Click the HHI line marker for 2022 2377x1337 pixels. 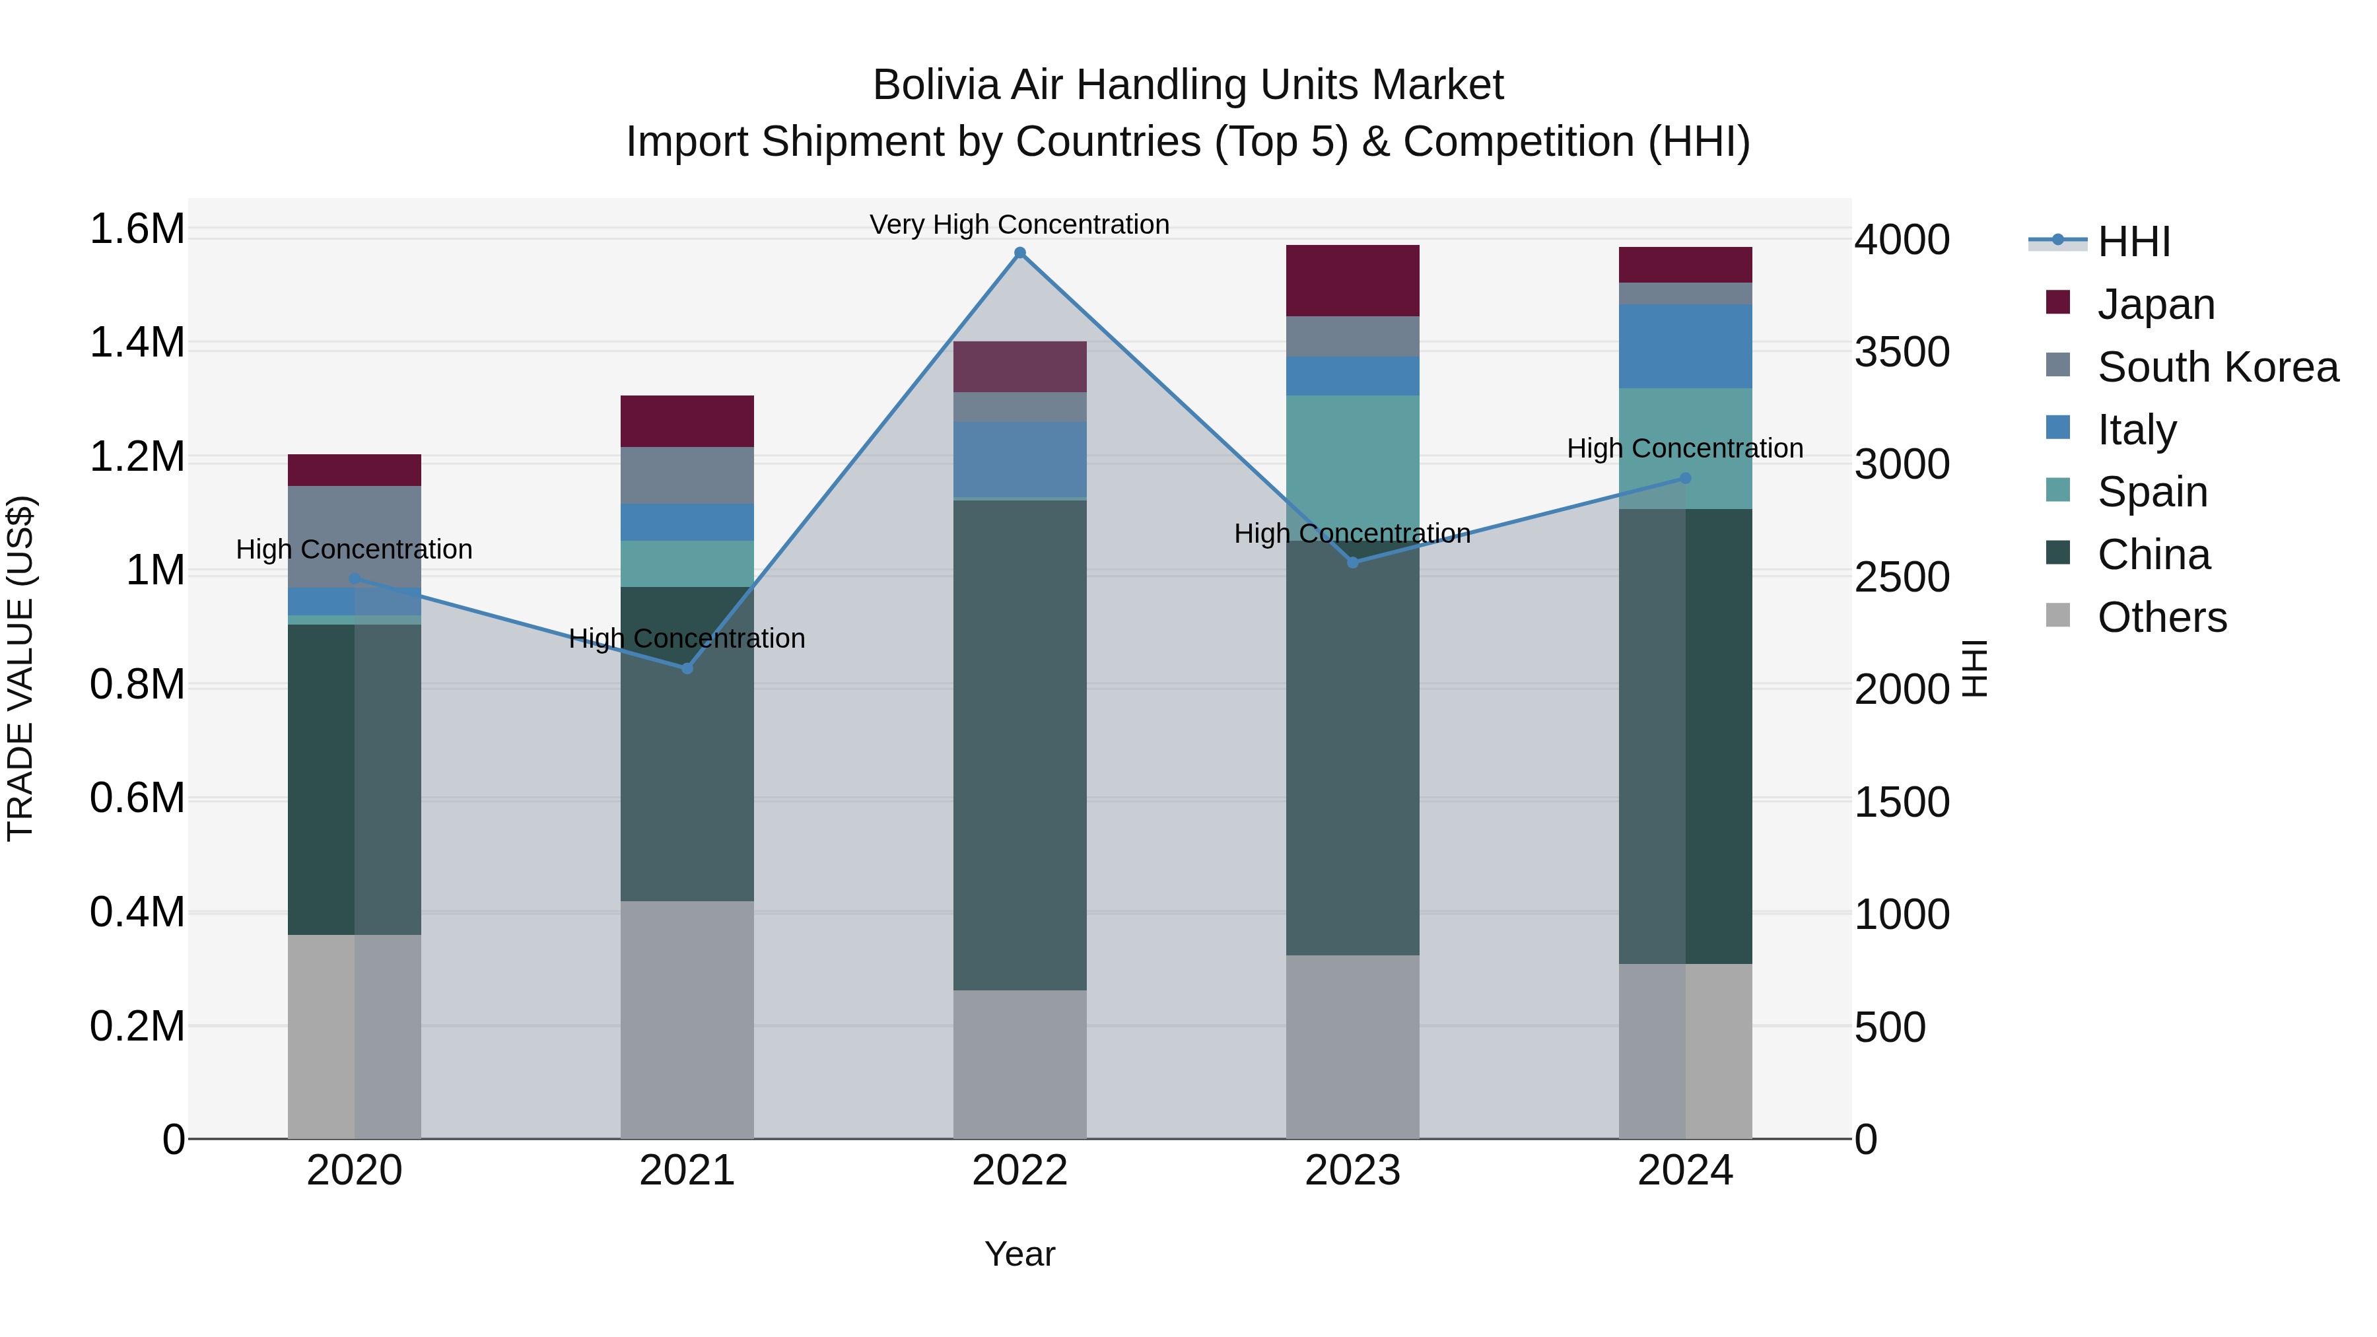pyautogui.click(x=1019, y=253)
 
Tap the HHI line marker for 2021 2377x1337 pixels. pyautogui.click(x=687, y=668)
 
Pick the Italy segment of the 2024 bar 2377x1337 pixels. pyautogui.click(x=1685, y=346)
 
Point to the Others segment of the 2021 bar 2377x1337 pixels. pyautogui.click(x=687, y=1019)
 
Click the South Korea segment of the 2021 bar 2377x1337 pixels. pyautogui.click(x=687, y=475)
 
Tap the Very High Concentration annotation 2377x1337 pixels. pyautogui.click(x=1019, y=224)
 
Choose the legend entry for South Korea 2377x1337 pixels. pyautogui.click(x=2217, y=367)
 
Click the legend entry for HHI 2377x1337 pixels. pyautogui.click(x=2133, y=242)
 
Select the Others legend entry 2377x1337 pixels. pyautogui.click(x=2161, y=617)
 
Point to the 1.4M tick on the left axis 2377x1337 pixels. pyautogui.click(x=137, y=343)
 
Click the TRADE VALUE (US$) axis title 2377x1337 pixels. pyautogui.click(x=20, y=668)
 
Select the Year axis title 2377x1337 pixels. pyautogui.click(x=1019, y=1254)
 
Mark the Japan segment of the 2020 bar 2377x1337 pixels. pyautogui.click(x=355, y=469)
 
